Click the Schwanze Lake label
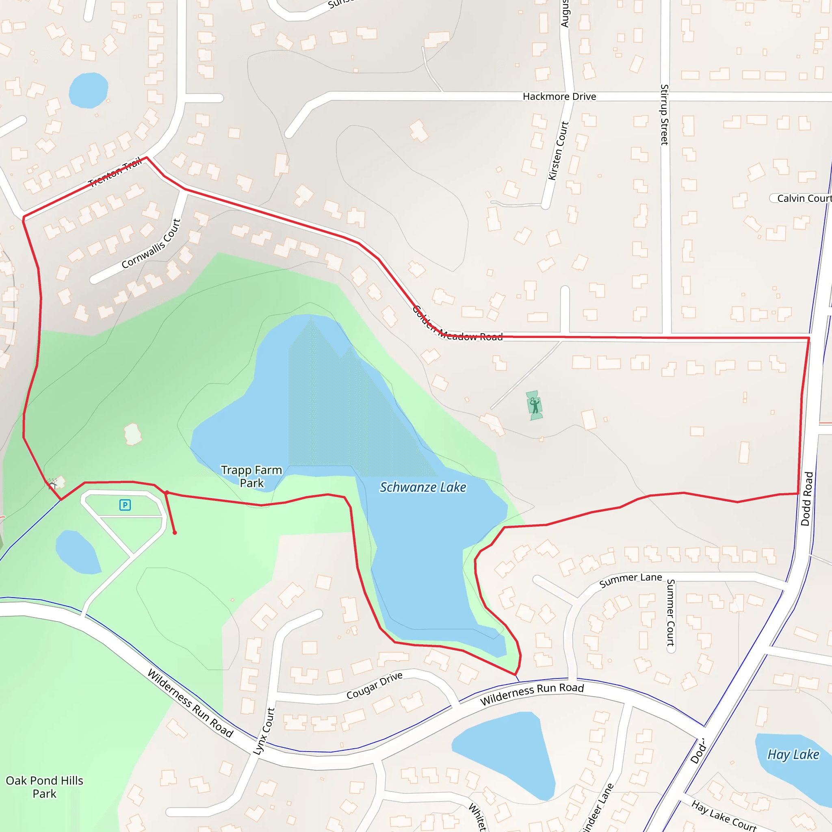click(x=422, y=487)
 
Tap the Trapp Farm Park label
click(x=251, y=476)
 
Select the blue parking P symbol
click(x=125, y=505)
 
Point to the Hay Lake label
click(x=793, y=754)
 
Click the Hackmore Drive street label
click(x=559, y=96)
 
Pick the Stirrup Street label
click(x=665, y=115)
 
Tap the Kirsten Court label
click(x=558, y=151)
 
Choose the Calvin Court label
click(x=804, y=198)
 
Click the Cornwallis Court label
click(x=151, y=244)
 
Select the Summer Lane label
click(x=630, y=580)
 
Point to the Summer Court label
click(x=670, y=612)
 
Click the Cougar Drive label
click(x=374, y=686)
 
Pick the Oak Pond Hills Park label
click(x=44, y=787)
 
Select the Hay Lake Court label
click(x=724, y=815)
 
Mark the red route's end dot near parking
click(x=174, y=533)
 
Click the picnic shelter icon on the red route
click(x=52, y=485)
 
